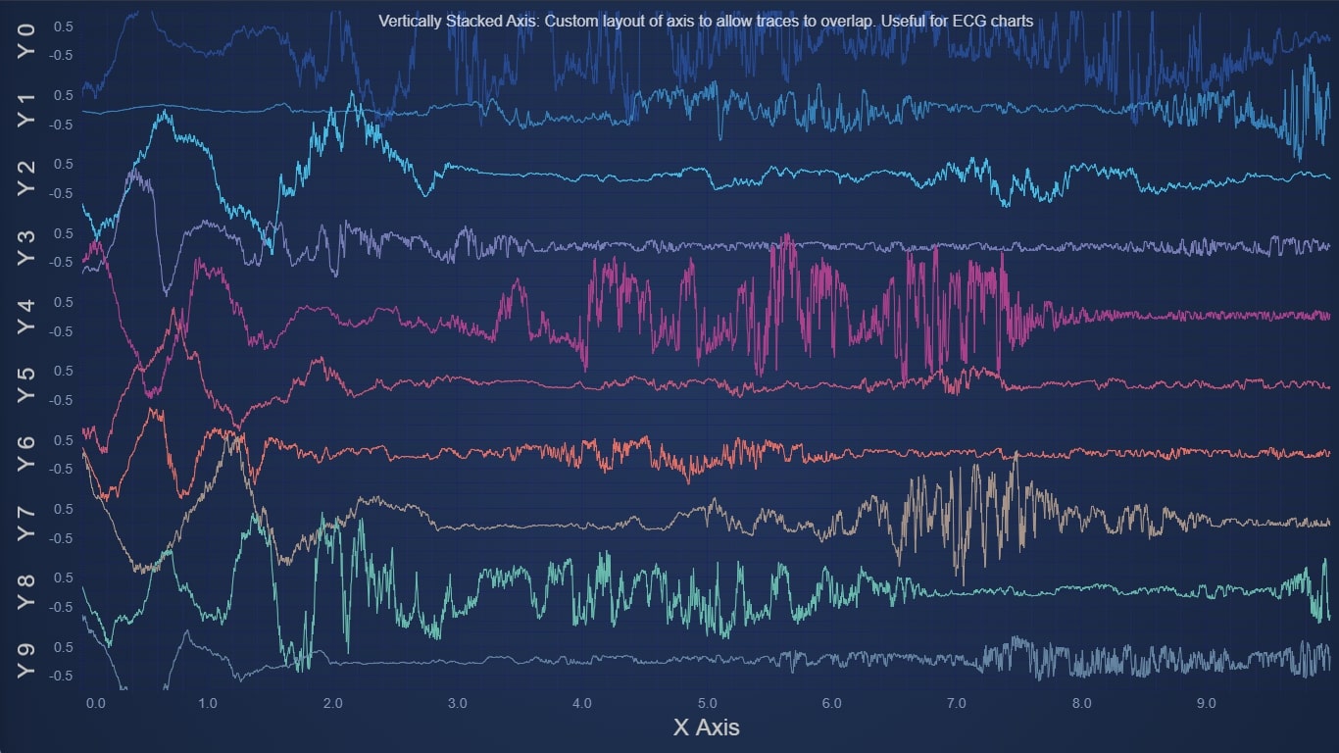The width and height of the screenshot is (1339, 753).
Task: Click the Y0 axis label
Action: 26,40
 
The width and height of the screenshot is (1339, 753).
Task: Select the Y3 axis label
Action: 26,247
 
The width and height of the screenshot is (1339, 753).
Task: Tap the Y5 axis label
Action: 26,385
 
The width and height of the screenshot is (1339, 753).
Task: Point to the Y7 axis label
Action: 26,524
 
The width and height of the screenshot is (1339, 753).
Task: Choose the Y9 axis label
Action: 26,662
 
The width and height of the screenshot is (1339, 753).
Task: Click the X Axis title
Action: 706,728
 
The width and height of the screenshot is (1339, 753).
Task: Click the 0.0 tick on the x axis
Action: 95,703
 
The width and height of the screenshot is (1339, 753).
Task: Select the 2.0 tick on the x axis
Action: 332,703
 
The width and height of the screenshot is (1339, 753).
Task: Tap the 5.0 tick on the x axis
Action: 708,703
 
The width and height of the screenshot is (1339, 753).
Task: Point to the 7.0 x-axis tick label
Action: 957,703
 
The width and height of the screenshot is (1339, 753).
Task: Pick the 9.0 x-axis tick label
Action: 1207,703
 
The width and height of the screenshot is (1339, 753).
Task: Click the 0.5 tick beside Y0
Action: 63,26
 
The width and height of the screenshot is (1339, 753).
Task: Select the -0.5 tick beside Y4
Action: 61,331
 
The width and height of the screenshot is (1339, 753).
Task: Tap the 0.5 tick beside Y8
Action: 63,578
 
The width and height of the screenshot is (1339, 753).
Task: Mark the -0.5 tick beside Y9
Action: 61,677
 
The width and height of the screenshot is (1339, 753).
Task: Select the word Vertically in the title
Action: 410,20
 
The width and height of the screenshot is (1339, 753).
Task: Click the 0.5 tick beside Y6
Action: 63,440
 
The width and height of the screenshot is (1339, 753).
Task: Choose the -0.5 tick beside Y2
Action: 61,193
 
